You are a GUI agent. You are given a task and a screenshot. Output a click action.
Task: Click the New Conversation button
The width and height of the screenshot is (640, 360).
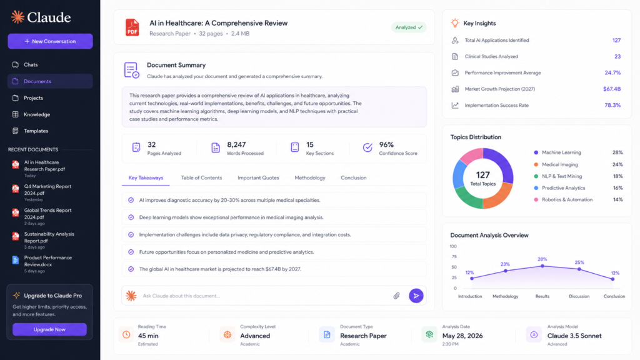[50, 41]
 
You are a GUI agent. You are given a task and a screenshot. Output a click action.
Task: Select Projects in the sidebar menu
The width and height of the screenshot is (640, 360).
[34, 98]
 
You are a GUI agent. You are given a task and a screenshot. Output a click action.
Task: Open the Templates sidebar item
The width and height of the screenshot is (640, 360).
[36, 131]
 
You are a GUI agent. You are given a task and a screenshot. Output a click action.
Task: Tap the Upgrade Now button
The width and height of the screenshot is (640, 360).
[49, 329]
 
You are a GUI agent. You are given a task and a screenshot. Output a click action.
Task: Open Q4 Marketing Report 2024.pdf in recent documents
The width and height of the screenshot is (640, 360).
[47, 190]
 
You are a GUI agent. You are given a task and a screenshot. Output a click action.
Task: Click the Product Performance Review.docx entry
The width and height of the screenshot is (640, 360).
[47, 261]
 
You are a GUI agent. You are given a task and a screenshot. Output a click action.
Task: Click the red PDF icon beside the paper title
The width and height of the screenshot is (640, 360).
[132, 27]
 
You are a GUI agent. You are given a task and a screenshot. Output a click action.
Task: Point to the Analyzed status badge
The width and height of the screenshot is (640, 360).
[409, 27]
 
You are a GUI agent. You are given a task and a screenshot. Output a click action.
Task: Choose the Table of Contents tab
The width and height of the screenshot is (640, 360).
[202, 178]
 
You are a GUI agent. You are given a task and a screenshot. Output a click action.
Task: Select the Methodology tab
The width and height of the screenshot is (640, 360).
[310, 178]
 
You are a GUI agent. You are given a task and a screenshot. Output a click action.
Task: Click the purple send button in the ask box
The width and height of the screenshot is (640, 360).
[416, 296]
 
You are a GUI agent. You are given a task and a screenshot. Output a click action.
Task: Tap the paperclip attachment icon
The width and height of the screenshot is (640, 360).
[396, 296]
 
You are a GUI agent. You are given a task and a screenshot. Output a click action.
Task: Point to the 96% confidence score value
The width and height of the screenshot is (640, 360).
[386, 145]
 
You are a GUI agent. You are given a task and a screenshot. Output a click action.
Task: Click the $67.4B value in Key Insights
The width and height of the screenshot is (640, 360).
[612, 89]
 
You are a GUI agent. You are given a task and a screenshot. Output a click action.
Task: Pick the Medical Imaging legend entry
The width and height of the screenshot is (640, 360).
[559, 164]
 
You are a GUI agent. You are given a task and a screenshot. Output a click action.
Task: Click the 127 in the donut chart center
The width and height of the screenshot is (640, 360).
[483, 175]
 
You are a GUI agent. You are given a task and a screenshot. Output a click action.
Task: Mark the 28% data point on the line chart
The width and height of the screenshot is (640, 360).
[542, 266]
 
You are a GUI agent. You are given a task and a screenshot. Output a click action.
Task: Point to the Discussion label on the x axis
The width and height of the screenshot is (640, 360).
[579, 296]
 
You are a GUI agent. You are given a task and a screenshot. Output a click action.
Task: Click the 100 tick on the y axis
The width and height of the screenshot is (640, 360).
[453, 246]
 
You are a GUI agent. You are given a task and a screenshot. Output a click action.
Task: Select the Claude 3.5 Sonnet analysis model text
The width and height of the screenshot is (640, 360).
[574, 336]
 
